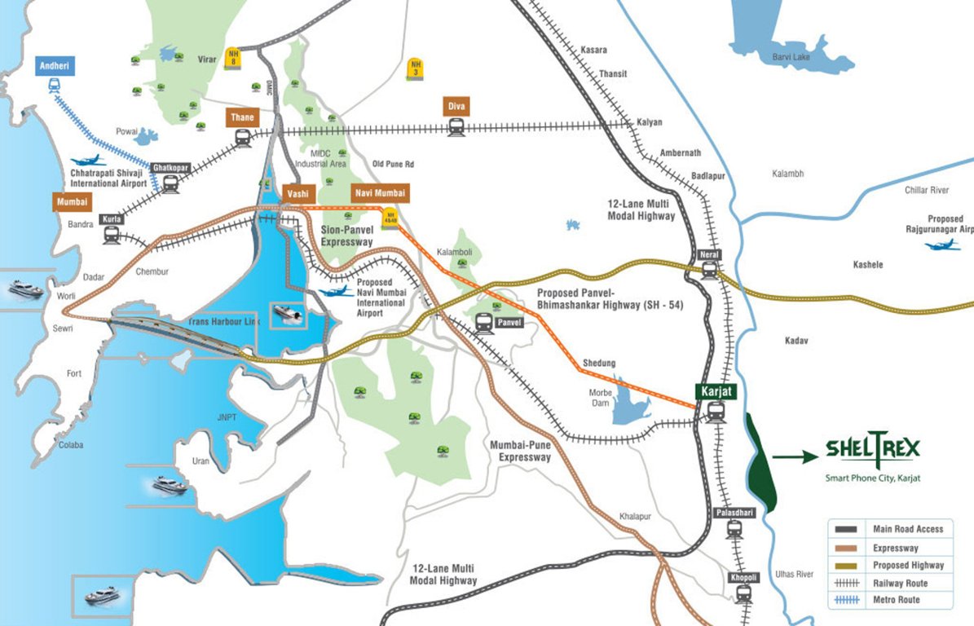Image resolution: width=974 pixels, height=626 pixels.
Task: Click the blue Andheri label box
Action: click(55, 66)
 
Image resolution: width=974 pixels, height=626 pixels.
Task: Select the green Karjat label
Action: click(716, 392)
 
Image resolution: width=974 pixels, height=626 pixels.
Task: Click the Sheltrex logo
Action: click(872, 448)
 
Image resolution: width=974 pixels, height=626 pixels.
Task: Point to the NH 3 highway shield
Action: click(416, 68)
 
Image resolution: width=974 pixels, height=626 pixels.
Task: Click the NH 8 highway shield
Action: click(234, 57)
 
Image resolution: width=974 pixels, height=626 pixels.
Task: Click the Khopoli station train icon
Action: click(743, 594)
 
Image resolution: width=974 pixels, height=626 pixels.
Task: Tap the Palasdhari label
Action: click(734, 513)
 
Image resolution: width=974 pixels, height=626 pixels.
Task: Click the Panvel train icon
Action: click(484, 324)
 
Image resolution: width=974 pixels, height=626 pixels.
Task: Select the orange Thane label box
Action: click(242, 117)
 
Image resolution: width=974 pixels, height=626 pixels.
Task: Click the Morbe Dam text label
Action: click(600, 398)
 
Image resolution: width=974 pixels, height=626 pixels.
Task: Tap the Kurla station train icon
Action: click(111, 236)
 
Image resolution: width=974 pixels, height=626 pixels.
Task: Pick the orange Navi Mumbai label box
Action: click(379, 193)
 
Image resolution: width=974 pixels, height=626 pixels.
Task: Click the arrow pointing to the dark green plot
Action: click(793, 458)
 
